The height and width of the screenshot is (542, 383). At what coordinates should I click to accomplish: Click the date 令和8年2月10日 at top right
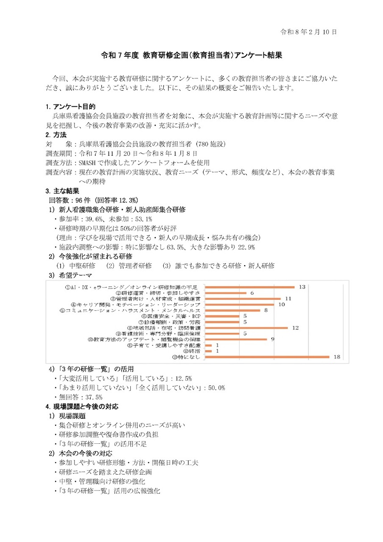click(x=308, y=32)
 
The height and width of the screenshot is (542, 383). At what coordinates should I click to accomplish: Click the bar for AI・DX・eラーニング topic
click(x=250, y=287)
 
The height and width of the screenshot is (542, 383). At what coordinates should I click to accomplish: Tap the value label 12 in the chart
click(x=295, y=328)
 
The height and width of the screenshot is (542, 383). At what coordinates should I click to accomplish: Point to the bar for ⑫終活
click(x=208, y=351)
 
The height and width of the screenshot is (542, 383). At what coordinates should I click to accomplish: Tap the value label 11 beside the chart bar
click(x=288, y=299)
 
